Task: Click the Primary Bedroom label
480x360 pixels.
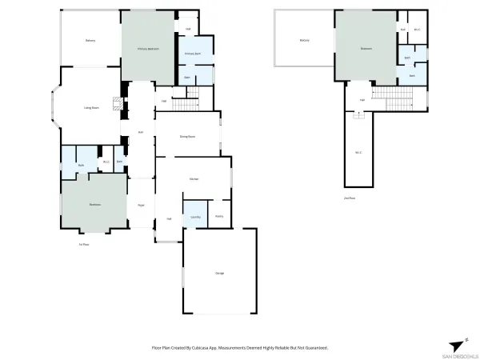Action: [146, 50]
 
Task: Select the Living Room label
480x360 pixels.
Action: [91, 107]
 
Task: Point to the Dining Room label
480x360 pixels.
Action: [188, 137]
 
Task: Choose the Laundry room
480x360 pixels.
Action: [195, 217]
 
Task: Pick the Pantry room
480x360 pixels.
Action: [218, 216]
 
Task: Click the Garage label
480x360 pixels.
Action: [219, 273]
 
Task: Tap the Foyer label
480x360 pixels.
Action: [140, 205]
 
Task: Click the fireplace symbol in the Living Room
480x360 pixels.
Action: [117, 103]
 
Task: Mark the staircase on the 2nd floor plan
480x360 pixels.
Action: [397, 100]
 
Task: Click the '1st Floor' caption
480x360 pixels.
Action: [83, 244]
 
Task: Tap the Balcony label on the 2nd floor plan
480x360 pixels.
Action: [304, 40]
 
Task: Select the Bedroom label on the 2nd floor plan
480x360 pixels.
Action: [366, 49]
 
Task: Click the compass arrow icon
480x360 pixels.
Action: [458, 345]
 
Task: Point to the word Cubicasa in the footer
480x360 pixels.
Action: [202, 348]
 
